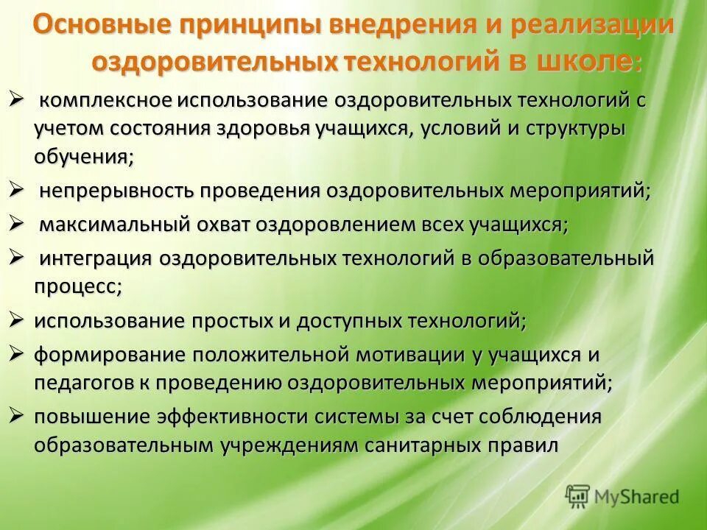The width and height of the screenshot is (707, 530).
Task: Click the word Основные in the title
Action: click(x=92, y=25)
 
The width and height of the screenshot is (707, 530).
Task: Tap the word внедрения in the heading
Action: click(x=393, y=25)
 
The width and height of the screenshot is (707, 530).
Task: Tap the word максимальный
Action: click(x=115, y=225)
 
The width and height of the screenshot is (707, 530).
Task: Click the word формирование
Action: click(x=110, y=354)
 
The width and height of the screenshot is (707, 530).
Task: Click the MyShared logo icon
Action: click(x=578, y=496)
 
